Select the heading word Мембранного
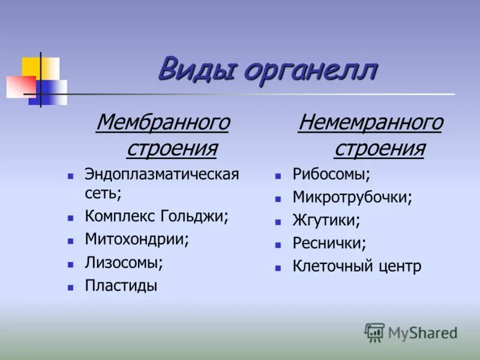click(x=163, y=123)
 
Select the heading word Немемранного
click(x=370, y=123)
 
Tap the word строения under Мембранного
click(x=172, y=148)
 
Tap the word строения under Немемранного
click(x=379, y=148)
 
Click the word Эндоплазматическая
click(x=162, y=175)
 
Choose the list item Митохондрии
click(x=137, y=239)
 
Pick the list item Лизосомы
click(x=124, y=263)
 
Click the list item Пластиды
click(x=121, y=286)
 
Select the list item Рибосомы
click(x=331, y=175)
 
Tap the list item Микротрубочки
click(x=352, y=197)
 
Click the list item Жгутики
click(x=326, y=220)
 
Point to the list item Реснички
click(x=329, y=243)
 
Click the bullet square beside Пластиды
click(x=70, y=287)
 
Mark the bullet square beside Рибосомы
click(x=278, y=176)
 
